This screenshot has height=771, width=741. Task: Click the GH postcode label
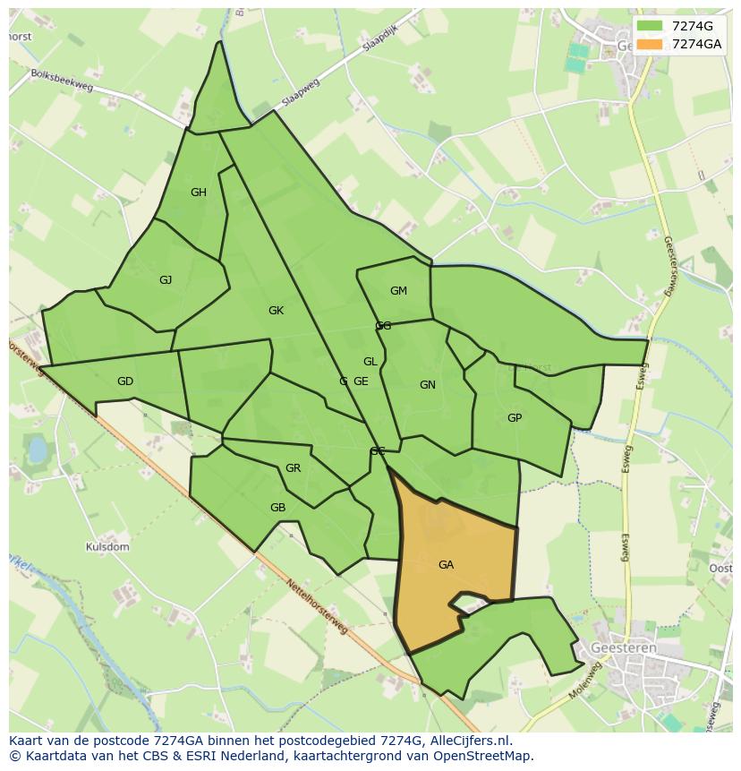[x=199, y=193]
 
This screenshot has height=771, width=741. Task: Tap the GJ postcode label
[x=166, y=280]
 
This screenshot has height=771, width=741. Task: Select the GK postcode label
[x=276, y=311]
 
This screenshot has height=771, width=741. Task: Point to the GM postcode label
[x=398, y=291]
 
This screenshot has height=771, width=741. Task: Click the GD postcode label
[x=125, y=381]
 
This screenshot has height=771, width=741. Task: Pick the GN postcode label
[x=428, y=385]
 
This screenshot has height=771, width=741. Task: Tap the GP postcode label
[x=515, y=418]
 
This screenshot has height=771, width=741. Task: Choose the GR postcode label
[x=293, y=468]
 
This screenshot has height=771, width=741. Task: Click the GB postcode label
[x=277, y=508]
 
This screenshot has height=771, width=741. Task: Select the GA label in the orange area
[x=446, y=565]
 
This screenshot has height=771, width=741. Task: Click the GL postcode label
[x=370, y=362]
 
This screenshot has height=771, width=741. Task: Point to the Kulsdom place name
[x=107, y=547]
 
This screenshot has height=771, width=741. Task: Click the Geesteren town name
[x=624, y=647]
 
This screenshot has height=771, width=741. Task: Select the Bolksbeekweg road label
[x=62, y=80]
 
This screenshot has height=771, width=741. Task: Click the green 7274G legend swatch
[x=651, y=26]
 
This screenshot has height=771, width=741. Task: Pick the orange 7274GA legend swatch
[x=651, y=44]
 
